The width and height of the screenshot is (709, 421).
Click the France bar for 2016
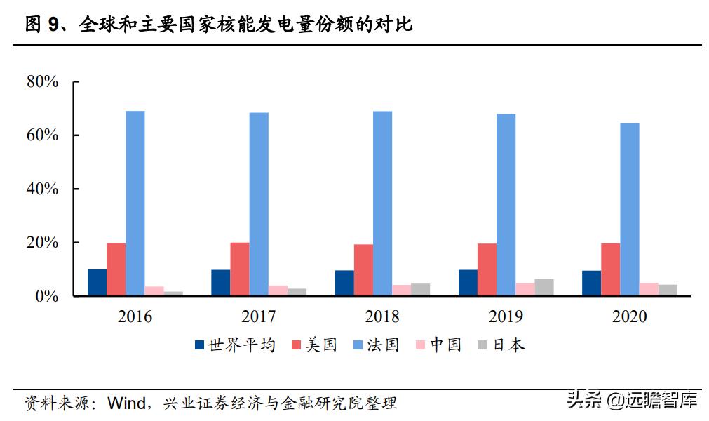click(135, 203)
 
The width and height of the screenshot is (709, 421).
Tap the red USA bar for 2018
click(363, 270)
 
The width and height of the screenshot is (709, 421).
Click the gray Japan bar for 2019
click(544, 288)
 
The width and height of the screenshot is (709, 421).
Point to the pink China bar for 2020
click(648, 289)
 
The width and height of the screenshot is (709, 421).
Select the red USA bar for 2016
click(116, 269)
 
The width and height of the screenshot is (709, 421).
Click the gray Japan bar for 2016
click(173, 293)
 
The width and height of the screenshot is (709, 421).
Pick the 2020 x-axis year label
click(629, 317)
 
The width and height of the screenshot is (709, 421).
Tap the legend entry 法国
click(383, 345)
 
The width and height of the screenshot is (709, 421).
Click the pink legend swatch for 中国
click(421, 345)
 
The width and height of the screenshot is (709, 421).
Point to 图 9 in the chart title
click(43, 25)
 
